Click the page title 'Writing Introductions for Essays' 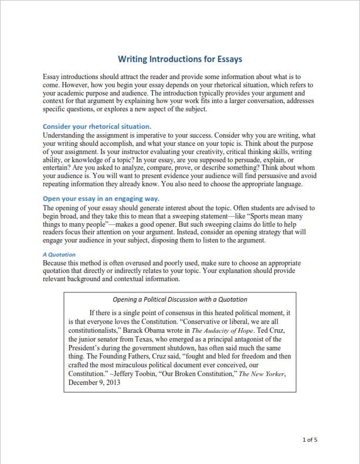(x=180, y=59)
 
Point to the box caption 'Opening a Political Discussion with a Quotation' (x=179, y=299)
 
